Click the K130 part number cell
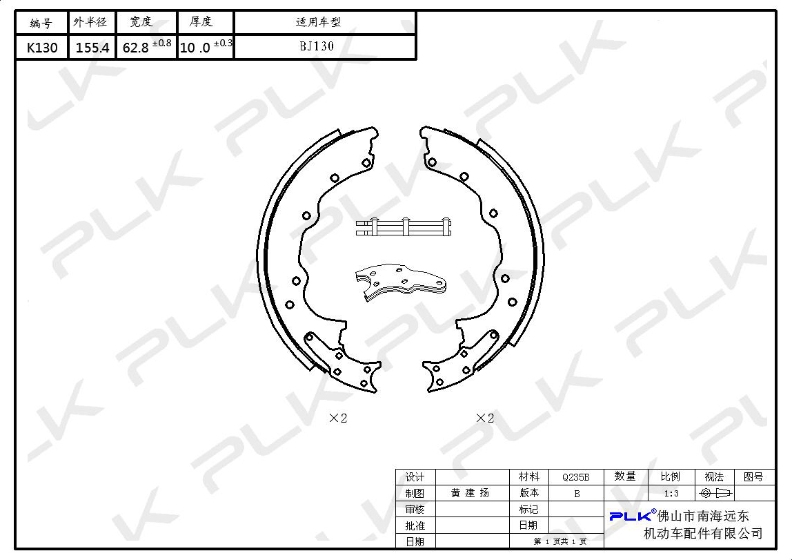click(42, 48)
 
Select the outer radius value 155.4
click(92, 48)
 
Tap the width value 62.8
click(135, 48)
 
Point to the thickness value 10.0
click(195, 48)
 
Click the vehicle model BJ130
click(317, 46)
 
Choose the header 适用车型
click(318, 21)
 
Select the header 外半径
click(90, 21)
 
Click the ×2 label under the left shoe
click(338, 418)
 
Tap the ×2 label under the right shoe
click(485, 418)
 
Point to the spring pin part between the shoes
click(403, 227)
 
